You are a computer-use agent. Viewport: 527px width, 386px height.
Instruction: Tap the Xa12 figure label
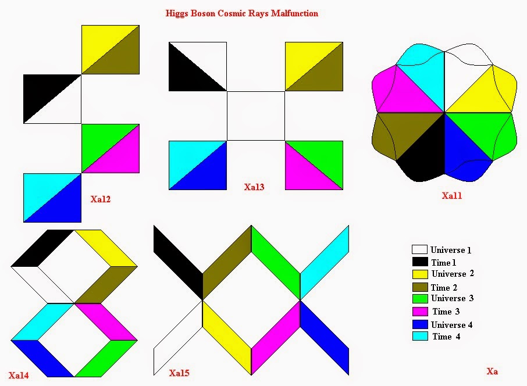[101, 199]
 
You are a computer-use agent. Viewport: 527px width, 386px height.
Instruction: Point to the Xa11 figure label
[451, 196]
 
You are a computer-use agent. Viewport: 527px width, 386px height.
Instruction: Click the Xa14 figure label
[19, 375]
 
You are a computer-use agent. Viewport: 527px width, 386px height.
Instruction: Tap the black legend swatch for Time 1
[419, 262]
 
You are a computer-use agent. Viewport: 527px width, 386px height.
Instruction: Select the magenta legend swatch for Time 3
[419, 312]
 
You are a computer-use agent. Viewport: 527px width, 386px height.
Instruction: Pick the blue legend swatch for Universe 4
[419, 324]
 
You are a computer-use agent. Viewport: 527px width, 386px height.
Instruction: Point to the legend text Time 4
[446, 337]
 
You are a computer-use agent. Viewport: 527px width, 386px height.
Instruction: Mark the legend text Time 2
[445, 287]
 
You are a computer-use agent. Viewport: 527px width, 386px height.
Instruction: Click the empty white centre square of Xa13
[255, 116]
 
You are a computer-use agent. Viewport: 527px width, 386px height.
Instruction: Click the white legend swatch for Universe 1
[419, 250]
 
